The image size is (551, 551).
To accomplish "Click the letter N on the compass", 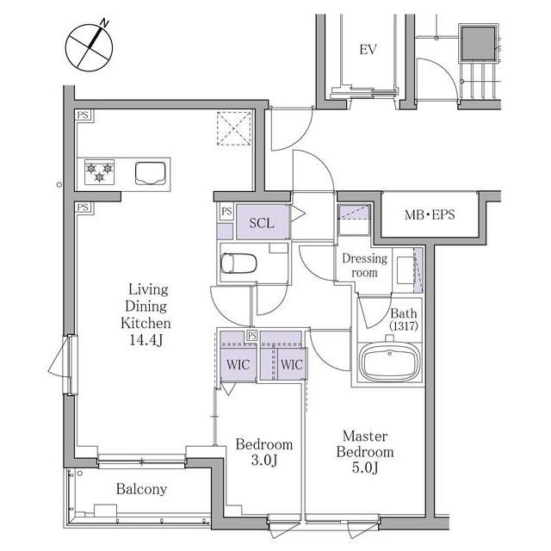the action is pyautogui.click(x=104, y=23).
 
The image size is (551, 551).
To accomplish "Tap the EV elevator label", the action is pyautogui.click(x=368, y=50).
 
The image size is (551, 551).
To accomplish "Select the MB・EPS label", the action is pyautogui.click(x=430, y=214).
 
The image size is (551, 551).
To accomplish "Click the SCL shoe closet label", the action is pyautogui.click(x=262, y=223).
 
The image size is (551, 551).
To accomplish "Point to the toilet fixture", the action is pyautogui.click(x=238, y=263).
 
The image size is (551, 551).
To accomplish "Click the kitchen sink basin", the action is pyautogui.click(x=151, y=173).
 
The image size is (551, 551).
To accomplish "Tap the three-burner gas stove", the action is pyautogui.click(x=100, y=172).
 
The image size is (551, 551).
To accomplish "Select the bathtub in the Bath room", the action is pyautogui.click(x=390, y=362).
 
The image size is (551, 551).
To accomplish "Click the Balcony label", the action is pyautogui.click(x=141, y=489).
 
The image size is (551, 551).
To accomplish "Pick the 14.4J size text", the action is pyautogui.click(x=146, y=340).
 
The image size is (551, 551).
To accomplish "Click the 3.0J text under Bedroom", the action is pyautogui.click(x=264, y=461).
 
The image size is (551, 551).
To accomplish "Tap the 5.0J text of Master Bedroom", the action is pyautogui.click(x=365, y=467).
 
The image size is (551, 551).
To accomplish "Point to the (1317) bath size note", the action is pyautogui.click(x=404, y=326).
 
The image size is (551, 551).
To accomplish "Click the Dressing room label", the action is pyautogui.click(x=365, y=265).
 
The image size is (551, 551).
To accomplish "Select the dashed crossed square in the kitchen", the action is pyautogui.click(x=234, y=128).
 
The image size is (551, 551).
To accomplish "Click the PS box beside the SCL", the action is pyautogui.click(x=226, y=212).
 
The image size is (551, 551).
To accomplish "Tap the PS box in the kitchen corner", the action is pyautogui.click(x=83, y=115).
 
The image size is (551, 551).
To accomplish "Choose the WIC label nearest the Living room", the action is pyautogui.click(x=238, y=364).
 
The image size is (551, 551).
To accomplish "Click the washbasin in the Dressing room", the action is pyautogui.click(x=406, y=270).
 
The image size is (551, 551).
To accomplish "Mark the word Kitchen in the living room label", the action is pyautogui.click(x=145, y=323).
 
